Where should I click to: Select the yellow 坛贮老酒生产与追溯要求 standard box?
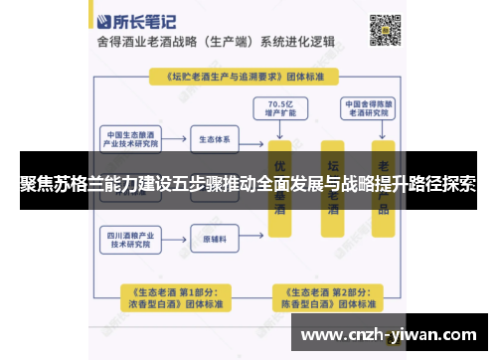coord(243,76)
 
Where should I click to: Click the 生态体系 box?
coord(215,138)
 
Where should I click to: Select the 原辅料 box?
coord(215,240)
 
